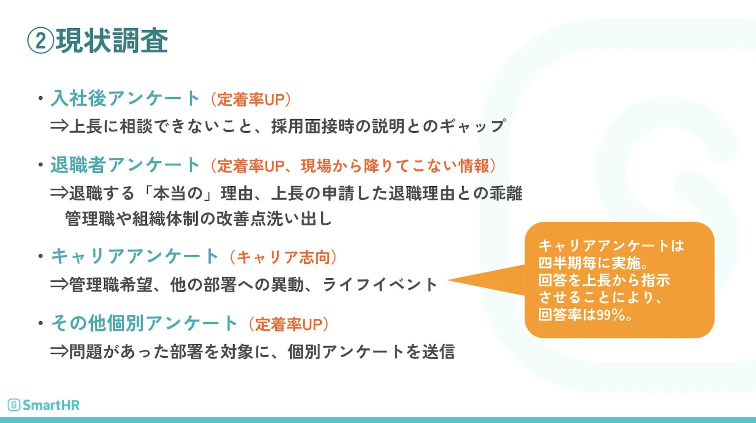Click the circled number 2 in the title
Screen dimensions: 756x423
[x=41, y=41]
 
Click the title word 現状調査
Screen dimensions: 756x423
[x=112, y=41]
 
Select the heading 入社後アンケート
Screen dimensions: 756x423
[x=125, y=98]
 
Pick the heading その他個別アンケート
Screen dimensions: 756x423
[x=144, y=323]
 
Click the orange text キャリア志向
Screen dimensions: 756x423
[x=283, y=257]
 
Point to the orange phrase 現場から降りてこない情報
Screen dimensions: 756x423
[x=395, y=166]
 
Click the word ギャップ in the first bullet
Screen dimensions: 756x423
[x=473, y=126]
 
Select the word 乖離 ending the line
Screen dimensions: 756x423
[x=506, y=193]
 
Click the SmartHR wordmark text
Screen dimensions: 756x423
[x=51, y=405]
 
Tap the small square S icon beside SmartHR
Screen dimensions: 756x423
[x=14, y=405]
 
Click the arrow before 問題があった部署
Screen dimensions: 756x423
[x=59, y=351]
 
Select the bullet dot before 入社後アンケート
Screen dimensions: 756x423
[x=40, y=99]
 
